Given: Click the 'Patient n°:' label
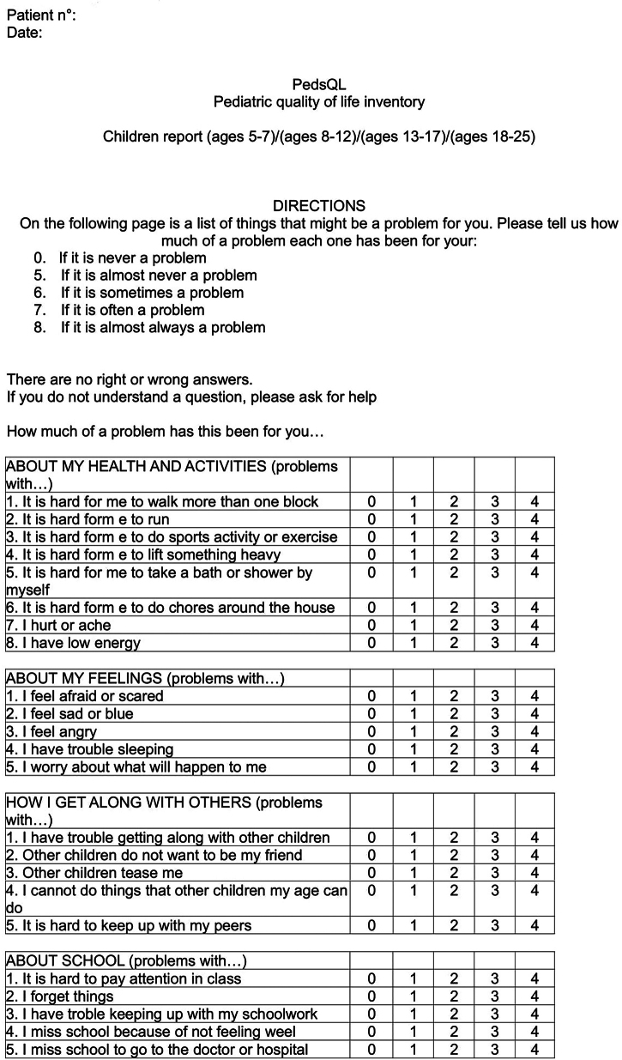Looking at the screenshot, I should point(41,15).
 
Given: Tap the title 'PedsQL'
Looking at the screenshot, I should point(318,85).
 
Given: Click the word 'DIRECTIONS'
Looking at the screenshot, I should point(318,206).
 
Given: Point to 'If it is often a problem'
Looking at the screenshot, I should point(132,310).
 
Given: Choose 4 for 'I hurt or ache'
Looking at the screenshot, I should point(534,625).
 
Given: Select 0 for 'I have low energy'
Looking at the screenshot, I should point(372,643).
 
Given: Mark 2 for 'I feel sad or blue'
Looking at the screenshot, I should point(454,713).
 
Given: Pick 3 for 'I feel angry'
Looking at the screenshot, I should point(494,731).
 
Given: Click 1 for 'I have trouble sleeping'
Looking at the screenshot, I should point(413,749).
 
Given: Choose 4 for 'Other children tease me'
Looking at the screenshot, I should point(534,873).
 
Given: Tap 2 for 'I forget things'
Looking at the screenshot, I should point(454,996).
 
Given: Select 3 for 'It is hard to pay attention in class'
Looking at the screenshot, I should point(494,978).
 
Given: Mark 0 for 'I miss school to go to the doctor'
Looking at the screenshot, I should point(372,1050).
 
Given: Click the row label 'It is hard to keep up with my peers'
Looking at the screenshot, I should point(129,925).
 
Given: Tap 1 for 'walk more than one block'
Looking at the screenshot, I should point(413,501).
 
